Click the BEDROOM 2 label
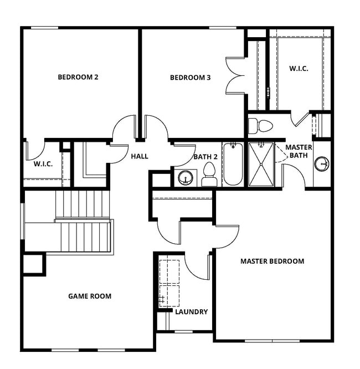78,77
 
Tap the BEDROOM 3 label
190,78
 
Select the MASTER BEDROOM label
272,261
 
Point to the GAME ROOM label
90,296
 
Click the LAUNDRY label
191,312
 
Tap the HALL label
140,156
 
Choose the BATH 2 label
204,157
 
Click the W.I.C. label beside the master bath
299,68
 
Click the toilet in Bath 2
209,173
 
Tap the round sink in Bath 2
184,177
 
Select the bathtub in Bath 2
233,165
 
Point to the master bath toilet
260,126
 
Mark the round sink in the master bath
321,164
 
